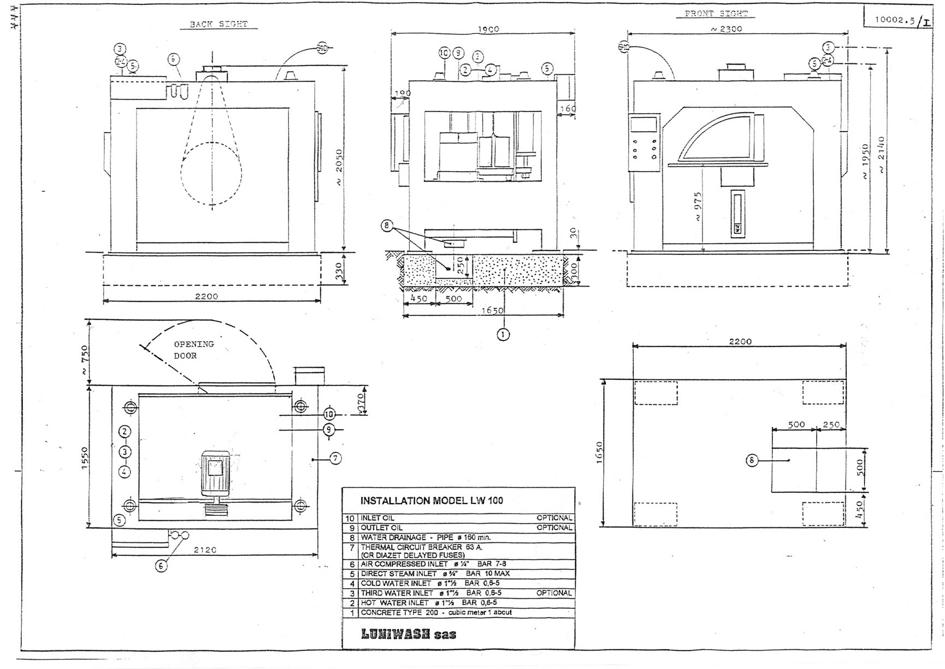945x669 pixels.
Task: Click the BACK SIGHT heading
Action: click(218, 24)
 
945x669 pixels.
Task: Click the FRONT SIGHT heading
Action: click(716, 14)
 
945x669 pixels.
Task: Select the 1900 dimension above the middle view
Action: click(488, 29)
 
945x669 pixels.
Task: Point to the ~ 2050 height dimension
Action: click(339, 167)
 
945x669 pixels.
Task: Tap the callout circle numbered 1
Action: click(503, 334)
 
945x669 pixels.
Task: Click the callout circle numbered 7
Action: click(335, 459)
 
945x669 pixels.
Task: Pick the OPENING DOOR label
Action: click(193, 350)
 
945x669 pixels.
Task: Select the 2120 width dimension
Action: click(205, 550)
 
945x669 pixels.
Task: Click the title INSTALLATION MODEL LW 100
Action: click(432, 500)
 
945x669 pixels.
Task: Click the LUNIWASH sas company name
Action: click(408, 634)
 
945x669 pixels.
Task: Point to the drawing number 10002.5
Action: click(894, 20)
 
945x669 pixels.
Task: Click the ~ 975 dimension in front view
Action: click(698, 207)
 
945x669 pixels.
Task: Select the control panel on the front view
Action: click(644, 143)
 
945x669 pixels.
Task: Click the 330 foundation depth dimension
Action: click(338, 269)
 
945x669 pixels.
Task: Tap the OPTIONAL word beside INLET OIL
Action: click(554, 518)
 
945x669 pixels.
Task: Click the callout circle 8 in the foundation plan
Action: click(752, 460)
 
